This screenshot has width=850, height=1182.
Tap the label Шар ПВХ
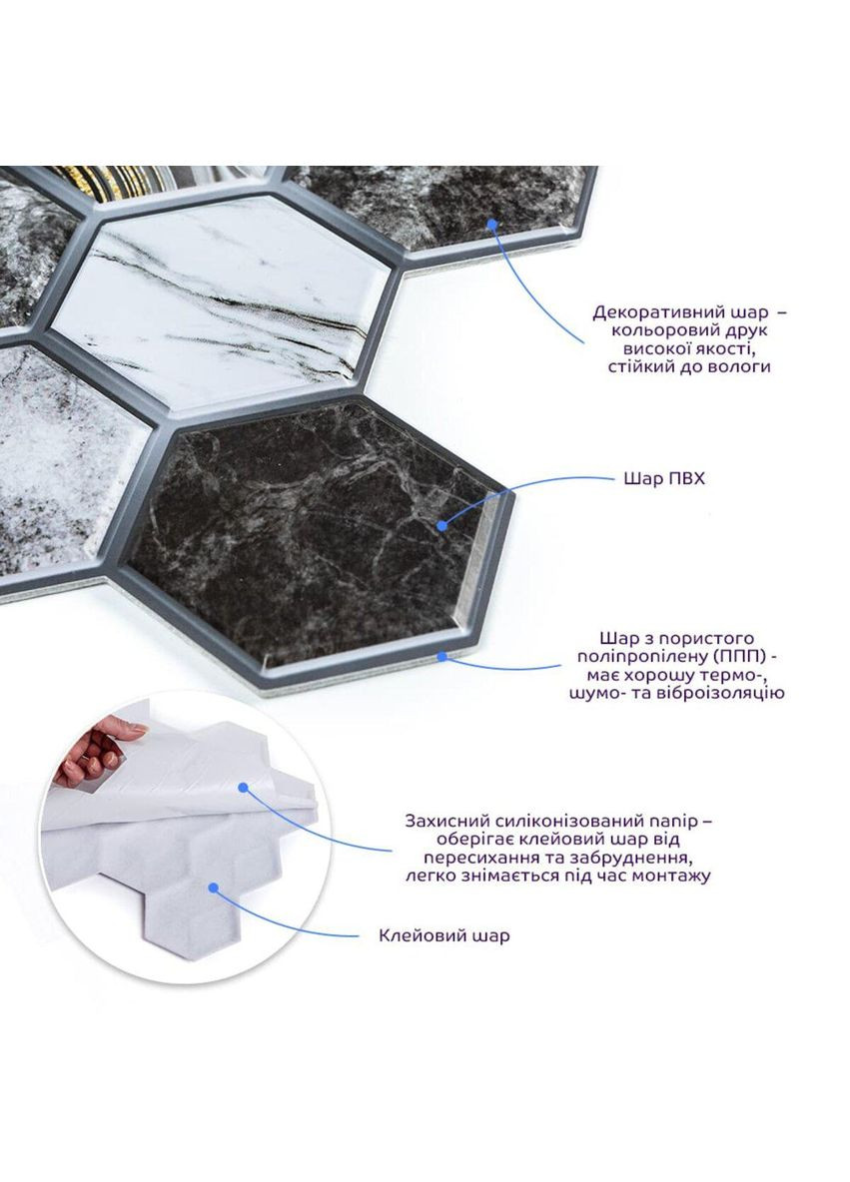point(663,478)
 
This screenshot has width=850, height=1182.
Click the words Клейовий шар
point(444,935)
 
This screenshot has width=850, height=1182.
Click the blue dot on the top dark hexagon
point(492,224)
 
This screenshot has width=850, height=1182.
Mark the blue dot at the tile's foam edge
point(441,657)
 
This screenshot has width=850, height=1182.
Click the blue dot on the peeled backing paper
point(243,788)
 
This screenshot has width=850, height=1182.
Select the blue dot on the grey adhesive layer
point(214,888)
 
